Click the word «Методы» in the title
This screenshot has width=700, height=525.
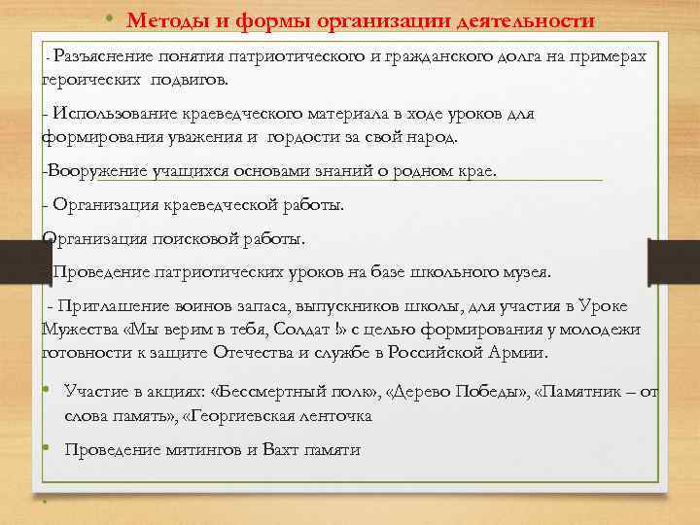click(x=162, y=19)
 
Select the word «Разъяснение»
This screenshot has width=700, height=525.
click(x=109, y=58)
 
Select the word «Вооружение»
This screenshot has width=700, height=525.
click(x=93, y=171)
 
